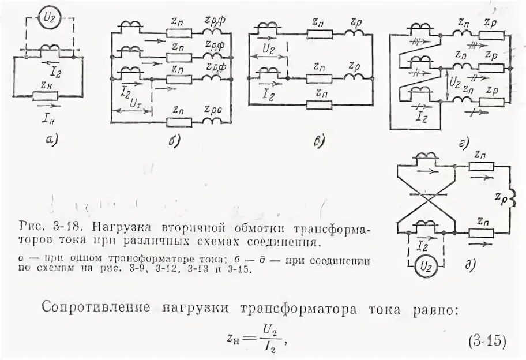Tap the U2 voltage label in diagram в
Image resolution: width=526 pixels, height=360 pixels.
[x=269, y=50]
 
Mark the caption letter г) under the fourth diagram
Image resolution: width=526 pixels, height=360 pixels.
[x=461, y=142]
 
